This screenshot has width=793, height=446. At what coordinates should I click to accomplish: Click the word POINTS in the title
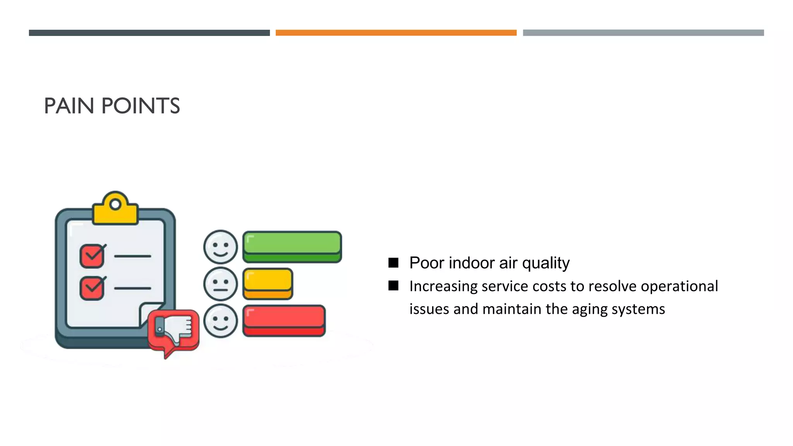coord(141,106)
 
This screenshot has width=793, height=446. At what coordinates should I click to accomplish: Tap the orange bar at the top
coord(396,33)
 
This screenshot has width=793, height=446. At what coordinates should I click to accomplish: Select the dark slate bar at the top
coord(149,33)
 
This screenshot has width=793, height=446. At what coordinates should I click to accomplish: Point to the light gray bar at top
coord(643,33)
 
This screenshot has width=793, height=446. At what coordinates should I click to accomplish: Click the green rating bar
coord(292,247)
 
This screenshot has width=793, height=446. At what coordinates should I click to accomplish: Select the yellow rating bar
coord(268,283)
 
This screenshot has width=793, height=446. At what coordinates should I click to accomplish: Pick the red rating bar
coord(284,321)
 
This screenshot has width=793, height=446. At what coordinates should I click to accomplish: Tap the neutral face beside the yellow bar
coord(220,284)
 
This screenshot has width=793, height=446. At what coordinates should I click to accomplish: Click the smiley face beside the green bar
coord(220,247)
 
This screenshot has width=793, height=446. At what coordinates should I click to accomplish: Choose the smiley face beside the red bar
coord(220,321)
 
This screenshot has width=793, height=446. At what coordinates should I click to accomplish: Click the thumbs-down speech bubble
coord(174,330)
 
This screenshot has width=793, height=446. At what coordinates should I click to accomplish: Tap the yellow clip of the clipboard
coord(115,209)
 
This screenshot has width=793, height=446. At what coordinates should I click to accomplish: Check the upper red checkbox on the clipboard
coord(92,256)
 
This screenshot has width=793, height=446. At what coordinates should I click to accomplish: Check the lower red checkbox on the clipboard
coord(92,288)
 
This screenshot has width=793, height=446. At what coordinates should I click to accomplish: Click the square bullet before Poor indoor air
coord(393,263)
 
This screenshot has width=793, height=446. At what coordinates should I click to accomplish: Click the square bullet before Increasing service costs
coord(393,286)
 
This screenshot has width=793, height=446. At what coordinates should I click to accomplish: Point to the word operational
coord(679,286)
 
